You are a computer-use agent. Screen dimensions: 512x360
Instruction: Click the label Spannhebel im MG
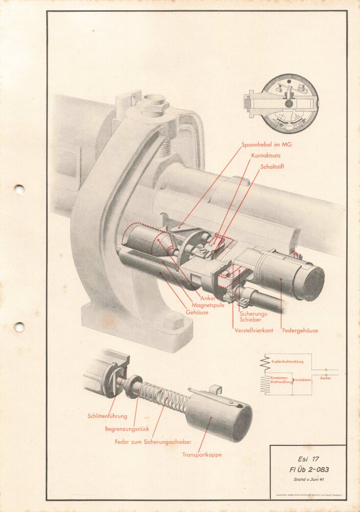[266, 145]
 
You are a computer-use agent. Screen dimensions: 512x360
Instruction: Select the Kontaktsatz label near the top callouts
[266, 155]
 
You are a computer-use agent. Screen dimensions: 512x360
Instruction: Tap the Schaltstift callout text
[272, 167]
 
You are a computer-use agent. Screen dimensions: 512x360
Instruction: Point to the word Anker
[208, 298]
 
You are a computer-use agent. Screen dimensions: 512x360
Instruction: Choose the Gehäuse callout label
[197, 312]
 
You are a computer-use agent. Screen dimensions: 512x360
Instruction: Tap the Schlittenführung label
[107, 416]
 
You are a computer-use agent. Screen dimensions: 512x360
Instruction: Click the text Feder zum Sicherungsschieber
[153, 441]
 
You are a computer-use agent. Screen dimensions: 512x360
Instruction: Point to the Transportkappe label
[202, 455]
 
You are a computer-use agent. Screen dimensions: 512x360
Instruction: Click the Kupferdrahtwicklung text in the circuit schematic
[287, 361]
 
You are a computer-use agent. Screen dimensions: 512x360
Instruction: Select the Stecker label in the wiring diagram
[325, 378]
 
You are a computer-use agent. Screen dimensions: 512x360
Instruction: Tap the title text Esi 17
[308, 459]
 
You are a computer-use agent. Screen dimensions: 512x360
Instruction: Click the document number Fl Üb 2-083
[308, 470]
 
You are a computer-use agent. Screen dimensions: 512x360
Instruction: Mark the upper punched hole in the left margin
[19, 189]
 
